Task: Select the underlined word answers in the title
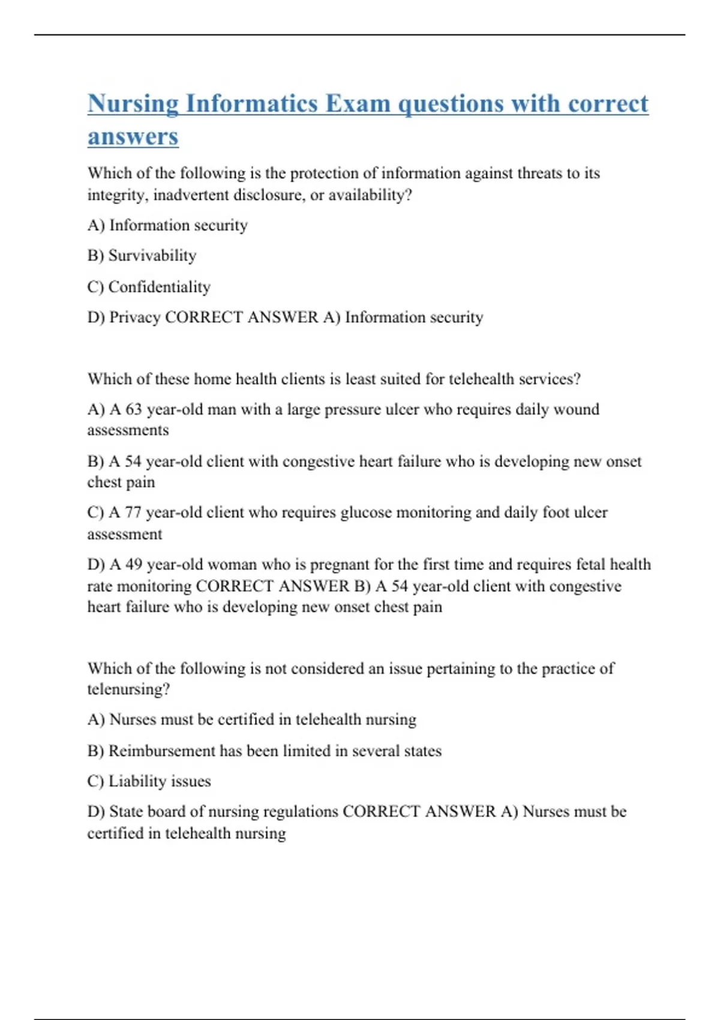point(133,137)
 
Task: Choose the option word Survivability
point(152,256)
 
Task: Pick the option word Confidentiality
point(159,287)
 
